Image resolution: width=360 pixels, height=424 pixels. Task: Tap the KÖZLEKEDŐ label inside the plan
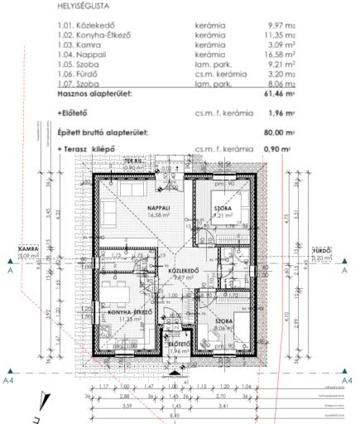187,270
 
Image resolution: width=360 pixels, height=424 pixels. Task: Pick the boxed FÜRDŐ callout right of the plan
321,249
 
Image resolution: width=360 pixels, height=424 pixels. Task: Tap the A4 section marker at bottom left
7,379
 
